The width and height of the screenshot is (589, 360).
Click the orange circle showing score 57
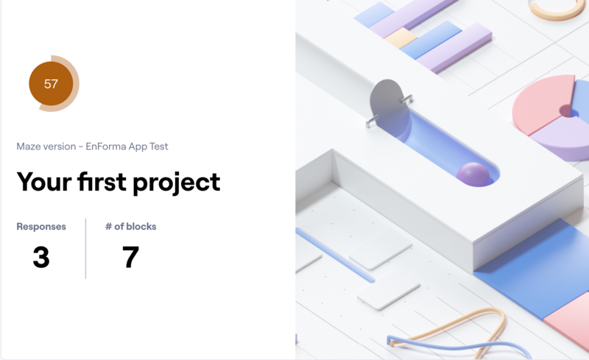[51, 83]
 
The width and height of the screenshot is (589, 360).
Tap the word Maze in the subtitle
[27, 147]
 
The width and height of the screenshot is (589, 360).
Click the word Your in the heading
[44, 183]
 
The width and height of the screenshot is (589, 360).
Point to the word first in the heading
[102, 182]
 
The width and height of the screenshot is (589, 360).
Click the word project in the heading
[176, 183]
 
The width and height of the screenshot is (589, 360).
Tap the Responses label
[41, 227]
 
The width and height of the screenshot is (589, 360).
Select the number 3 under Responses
[41, 257]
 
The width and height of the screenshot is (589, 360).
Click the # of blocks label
[131, 227]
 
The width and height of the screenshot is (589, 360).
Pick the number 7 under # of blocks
[130, 257]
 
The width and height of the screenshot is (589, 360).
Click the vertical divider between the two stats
[85, 249]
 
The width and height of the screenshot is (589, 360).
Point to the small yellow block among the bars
[401, 38]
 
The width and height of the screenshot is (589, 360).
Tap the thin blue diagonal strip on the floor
[335, 255]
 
